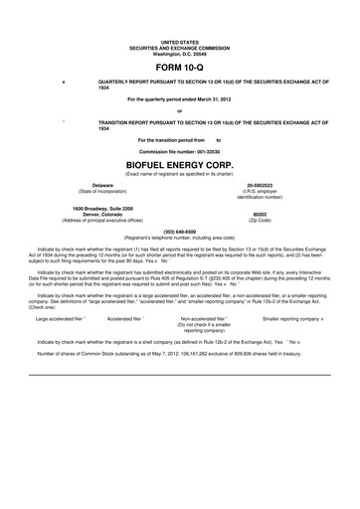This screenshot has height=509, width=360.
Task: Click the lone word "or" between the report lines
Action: pyautogui.click(x=179, y=109)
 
